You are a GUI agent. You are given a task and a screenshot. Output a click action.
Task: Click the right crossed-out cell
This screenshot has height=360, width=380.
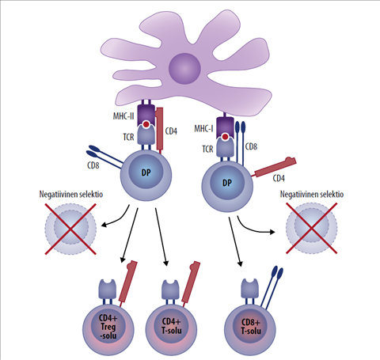[310, 230]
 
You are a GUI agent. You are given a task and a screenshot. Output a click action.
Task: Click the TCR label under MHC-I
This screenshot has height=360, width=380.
[207, 148]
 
